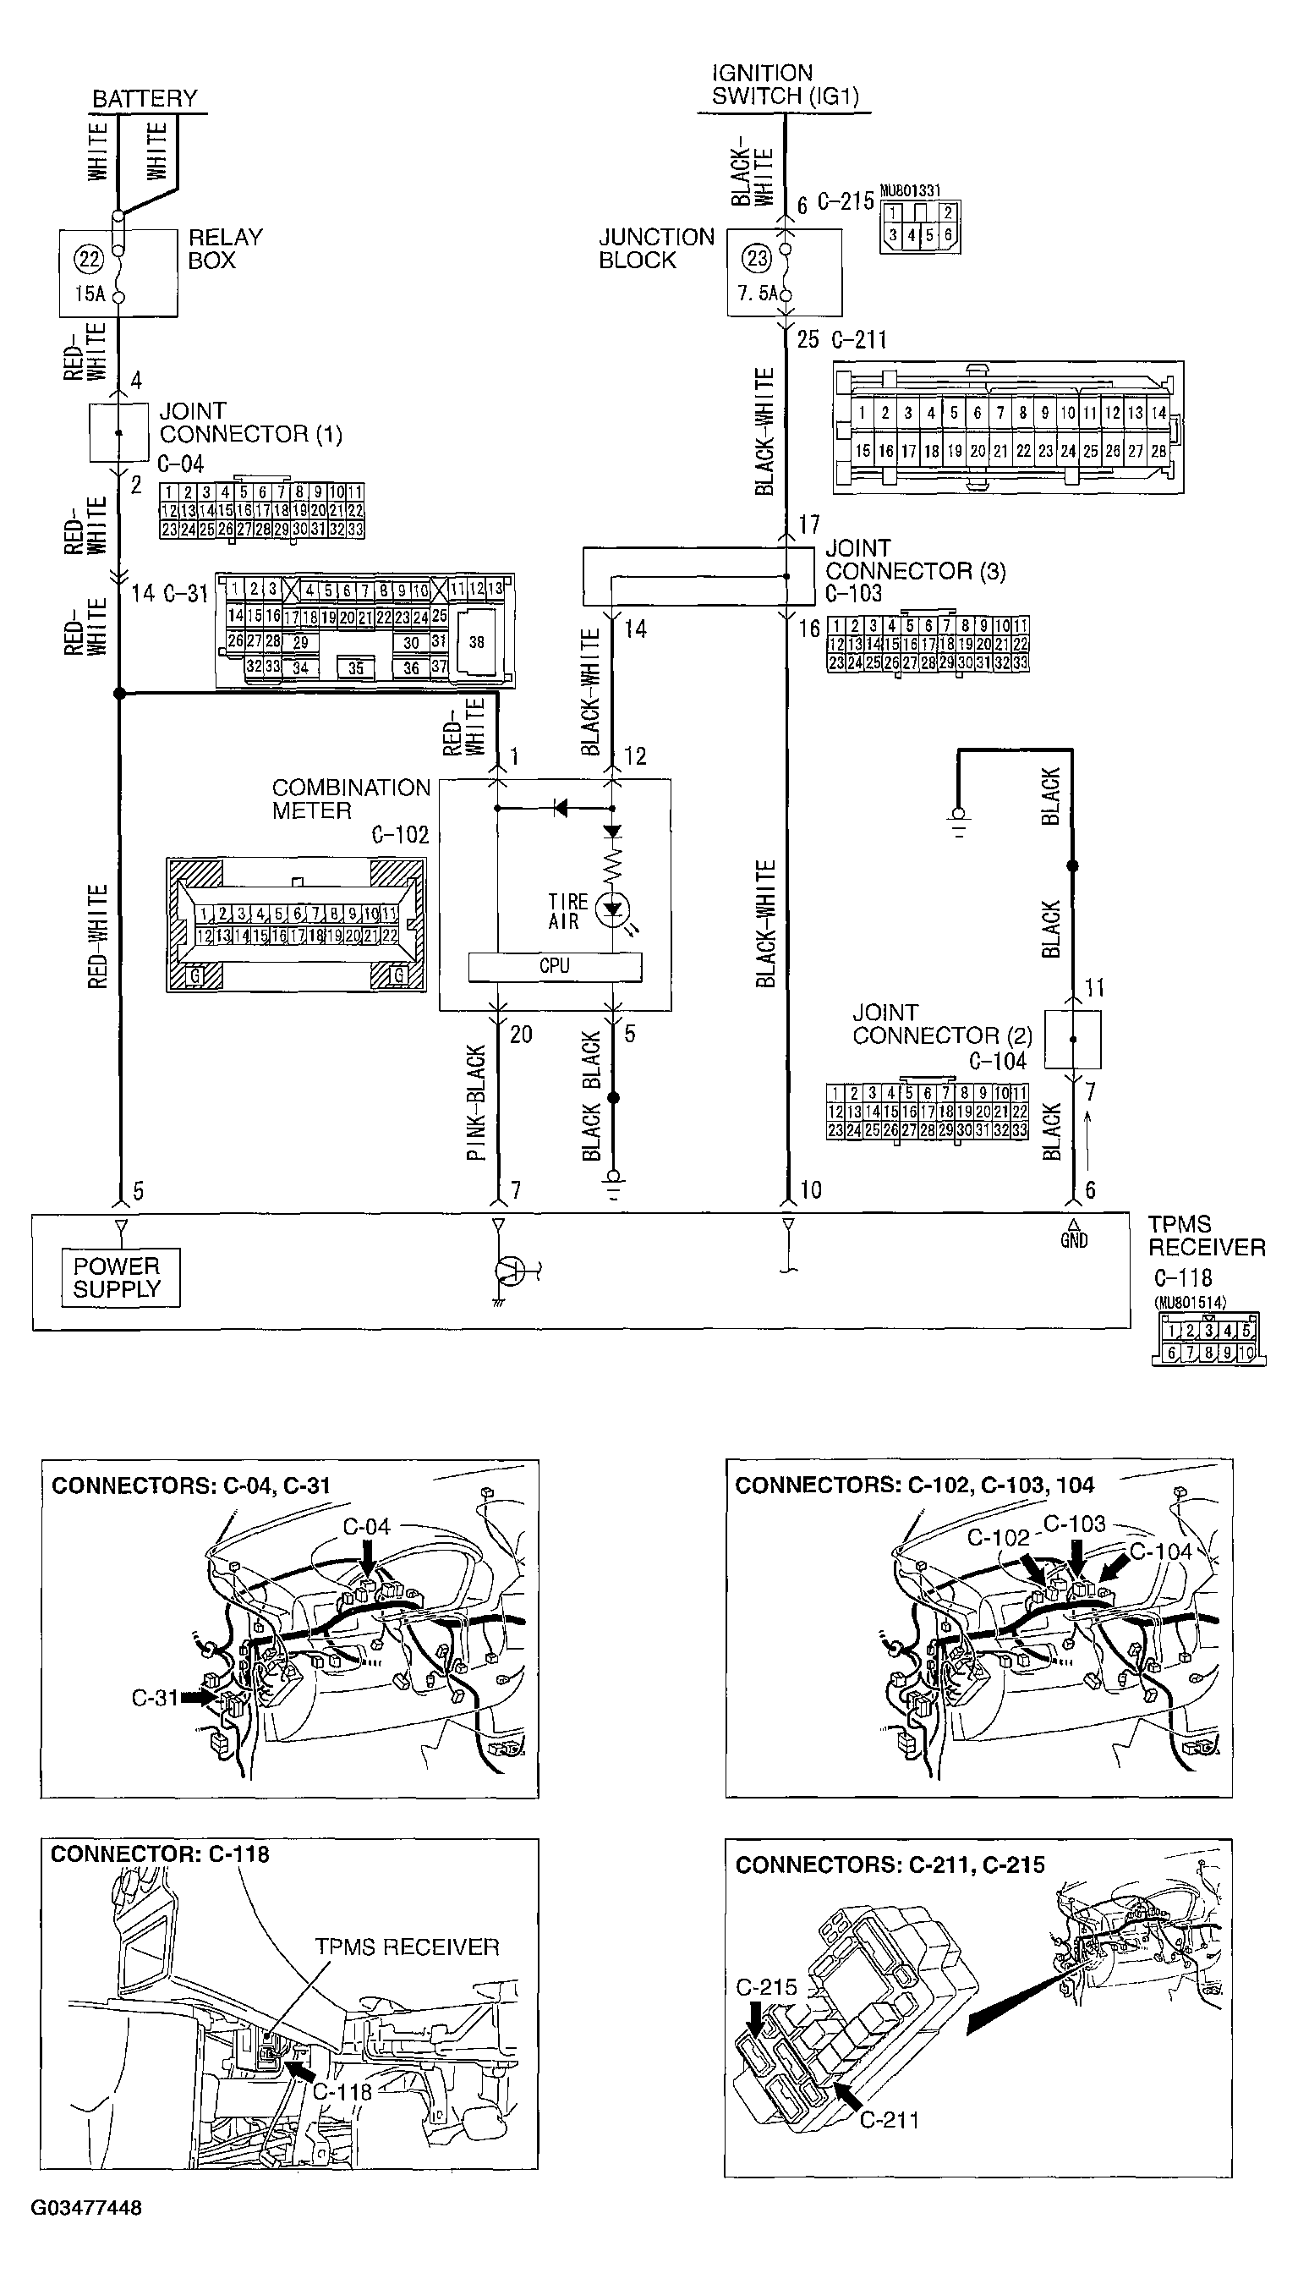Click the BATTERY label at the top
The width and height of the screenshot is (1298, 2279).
tap(145, 98)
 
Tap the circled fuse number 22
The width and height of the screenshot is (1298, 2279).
tap(89, 260)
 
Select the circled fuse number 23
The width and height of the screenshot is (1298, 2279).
tap(757, 259)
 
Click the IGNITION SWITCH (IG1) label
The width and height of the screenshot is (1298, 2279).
tap(785, 85)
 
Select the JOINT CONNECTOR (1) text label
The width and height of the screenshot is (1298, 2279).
tap(249, 423)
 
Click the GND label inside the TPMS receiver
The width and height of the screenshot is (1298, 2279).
tap(1073, 1240)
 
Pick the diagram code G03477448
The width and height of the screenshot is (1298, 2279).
tap(85, 2208)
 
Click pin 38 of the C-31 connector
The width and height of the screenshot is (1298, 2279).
tap(477, 642)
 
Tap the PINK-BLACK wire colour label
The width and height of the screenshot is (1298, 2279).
tap(478, 1103)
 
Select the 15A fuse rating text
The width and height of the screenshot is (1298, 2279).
tap(89, 294)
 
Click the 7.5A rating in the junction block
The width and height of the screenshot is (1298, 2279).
tap(757, 294)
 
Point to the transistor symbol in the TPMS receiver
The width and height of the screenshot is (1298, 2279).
tap(511, 1271)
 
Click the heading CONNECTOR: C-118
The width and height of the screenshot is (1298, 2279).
tap(160, 1854)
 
